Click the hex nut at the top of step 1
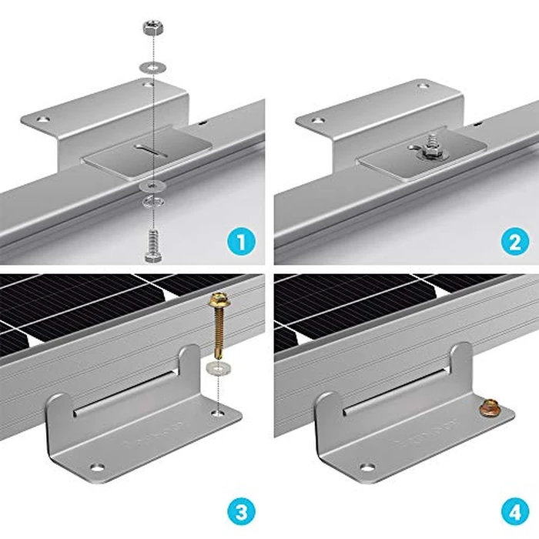coord(151,29)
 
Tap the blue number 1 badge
coord(244,244)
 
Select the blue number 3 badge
coord(244,513)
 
